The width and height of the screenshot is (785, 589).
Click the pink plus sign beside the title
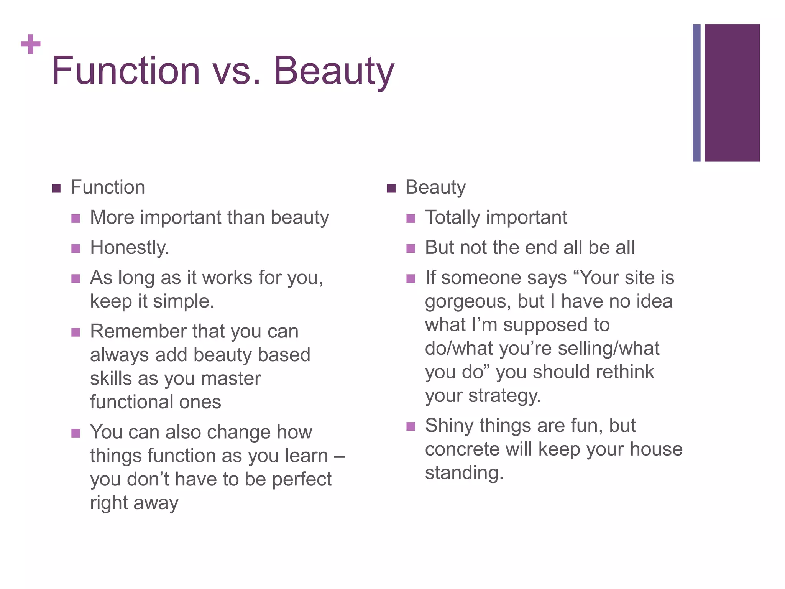(30, 44)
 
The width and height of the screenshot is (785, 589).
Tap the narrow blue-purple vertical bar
(696, 93)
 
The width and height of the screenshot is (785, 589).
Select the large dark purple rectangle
(732, 93)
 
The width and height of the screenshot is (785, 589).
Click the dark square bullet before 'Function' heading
(56, 188)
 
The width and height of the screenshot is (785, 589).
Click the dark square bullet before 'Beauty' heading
(391, 188)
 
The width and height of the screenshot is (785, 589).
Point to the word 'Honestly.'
(130, 248)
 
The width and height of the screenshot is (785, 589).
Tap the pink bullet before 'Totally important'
(411, 219)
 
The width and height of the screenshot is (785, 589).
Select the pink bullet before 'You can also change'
(76, 433)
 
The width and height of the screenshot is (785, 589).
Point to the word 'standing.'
(464, 473)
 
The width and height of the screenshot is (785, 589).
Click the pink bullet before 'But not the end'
(411, 249)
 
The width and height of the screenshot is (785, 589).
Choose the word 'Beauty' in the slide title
(333, 71)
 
